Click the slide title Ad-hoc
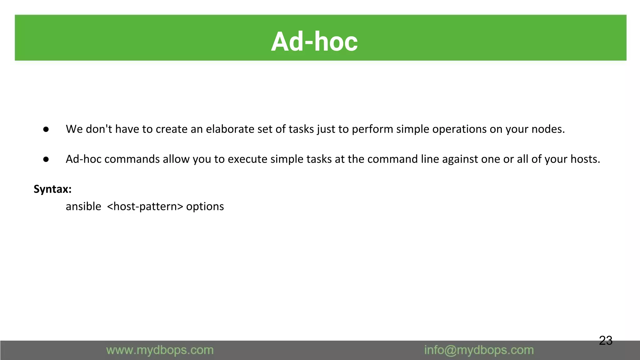pos(314,42)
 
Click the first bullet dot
pos(46,129)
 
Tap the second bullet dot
pos(46,159)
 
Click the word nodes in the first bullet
pos(548,129)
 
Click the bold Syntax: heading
pos(52,189)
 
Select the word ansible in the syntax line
pos(83,207)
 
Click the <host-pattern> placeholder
pos(145,207)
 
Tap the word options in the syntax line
pos(205,207)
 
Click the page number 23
pos(605,340)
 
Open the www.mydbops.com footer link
pos(160,350)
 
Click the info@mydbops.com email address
pos(479,350)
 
